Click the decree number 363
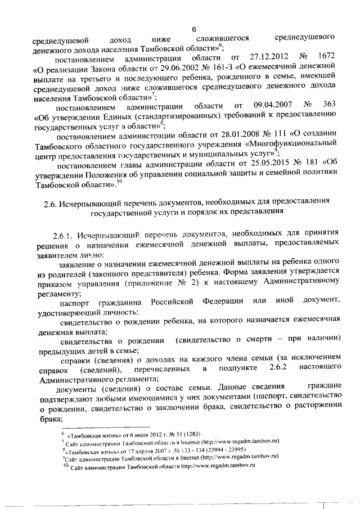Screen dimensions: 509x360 point(330,106)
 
